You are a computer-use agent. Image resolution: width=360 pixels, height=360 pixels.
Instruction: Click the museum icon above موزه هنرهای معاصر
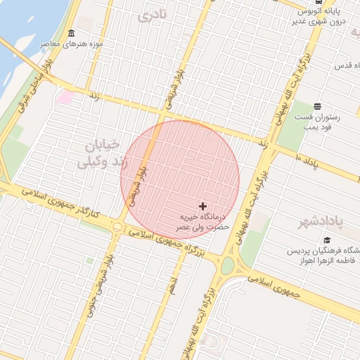coord(71,34)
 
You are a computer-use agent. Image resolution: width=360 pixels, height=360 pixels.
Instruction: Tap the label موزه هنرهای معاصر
coord(72,44)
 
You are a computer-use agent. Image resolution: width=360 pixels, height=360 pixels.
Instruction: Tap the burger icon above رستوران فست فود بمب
coord(318,105)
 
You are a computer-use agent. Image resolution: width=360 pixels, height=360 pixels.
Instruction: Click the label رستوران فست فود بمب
coord(317,121)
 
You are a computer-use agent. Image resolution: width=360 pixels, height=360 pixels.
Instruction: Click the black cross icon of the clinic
coord(203,206)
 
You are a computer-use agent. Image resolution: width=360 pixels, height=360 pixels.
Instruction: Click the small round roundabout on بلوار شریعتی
coord(117,226)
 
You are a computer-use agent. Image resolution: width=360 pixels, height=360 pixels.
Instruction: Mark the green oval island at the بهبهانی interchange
coord(227,265)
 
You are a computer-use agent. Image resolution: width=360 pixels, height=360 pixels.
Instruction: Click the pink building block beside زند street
coord(65,96)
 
